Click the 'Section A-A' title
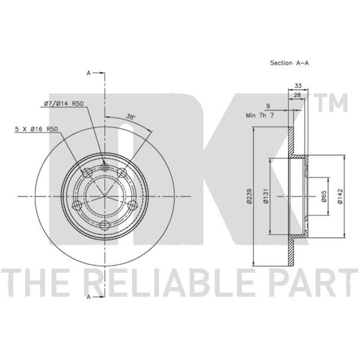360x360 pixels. (x=289, y=63)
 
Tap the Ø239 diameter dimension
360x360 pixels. (x=250, y=196)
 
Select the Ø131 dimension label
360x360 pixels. (x=266, y=196)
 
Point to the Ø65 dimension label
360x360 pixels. (x=324, y=196)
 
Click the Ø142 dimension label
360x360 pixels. (x=340, y=196)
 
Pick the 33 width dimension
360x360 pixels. (x=298, y=85)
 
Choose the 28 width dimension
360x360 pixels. (x=297, y=95)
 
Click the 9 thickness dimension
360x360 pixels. (x=268, y=106)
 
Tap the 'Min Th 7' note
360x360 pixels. (x=260, y=115)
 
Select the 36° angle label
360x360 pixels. (x=130, y=117)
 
